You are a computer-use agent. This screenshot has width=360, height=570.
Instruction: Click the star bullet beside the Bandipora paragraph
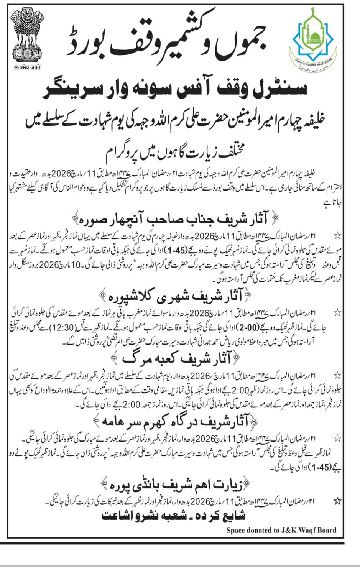coord(337,501)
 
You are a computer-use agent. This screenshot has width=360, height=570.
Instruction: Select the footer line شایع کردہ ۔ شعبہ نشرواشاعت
coord(174,516)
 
